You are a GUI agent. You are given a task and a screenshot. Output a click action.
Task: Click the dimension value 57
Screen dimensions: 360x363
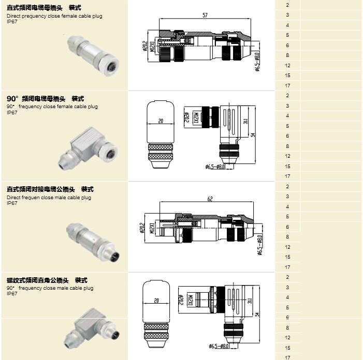pos(205,16)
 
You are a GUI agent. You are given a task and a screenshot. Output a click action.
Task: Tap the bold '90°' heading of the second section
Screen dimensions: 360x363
pos(12,98)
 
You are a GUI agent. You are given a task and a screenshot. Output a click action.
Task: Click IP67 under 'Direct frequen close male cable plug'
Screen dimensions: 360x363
pos(12,203)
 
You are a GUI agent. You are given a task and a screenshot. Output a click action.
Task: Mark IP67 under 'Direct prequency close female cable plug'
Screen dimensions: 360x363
pos(12,22)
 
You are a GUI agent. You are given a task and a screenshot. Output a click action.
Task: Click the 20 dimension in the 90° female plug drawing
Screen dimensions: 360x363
pos(160,121)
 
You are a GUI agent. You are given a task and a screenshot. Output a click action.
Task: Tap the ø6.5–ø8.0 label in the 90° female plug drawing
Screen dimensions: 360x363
pos(216,167)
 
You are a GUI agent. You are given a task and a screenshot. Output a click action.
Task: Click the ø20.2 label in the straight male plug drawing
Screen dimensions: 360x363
pos(142,227)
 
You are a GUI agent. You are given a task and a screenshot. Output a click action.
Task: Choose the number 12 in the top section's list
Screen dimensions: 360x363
pos(287,66)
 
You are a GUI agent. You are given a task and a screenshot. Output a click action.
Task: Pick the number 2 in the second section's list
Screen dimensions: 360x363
pos(287,96)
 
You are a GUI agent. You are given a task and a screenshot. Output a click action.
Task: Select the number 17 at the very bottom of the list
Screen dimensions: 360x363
pos(287,357)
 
